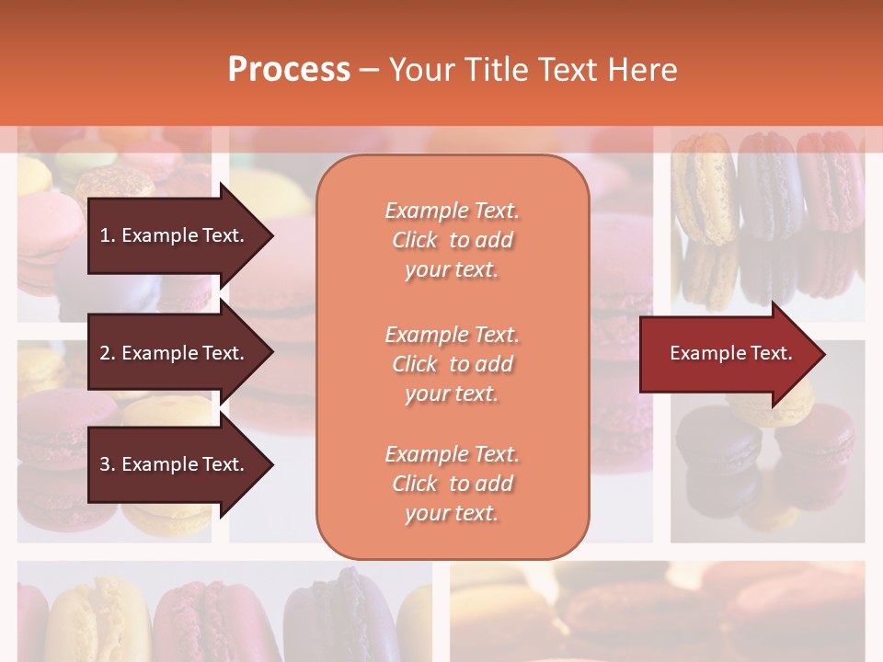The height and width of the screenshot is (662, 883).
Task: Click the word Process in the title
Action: [x=289, y=70]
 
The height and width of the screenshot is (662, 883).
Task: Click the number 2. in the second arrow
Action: [x=107, y=353]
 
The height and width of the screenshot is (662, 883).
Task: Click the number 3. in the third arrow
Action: [x=107, y=464]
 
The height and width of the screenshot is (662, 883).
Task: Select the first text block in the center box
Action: [x=452, y=240]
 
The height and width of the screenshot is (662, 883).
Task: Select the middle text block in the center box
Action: [x=452, y=364]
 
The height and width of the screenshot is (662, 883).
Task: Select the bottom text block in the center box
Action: [x=452, y=484]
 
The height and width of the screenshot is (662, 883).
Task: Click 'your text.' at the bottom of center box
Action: [x=452, y=513]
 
